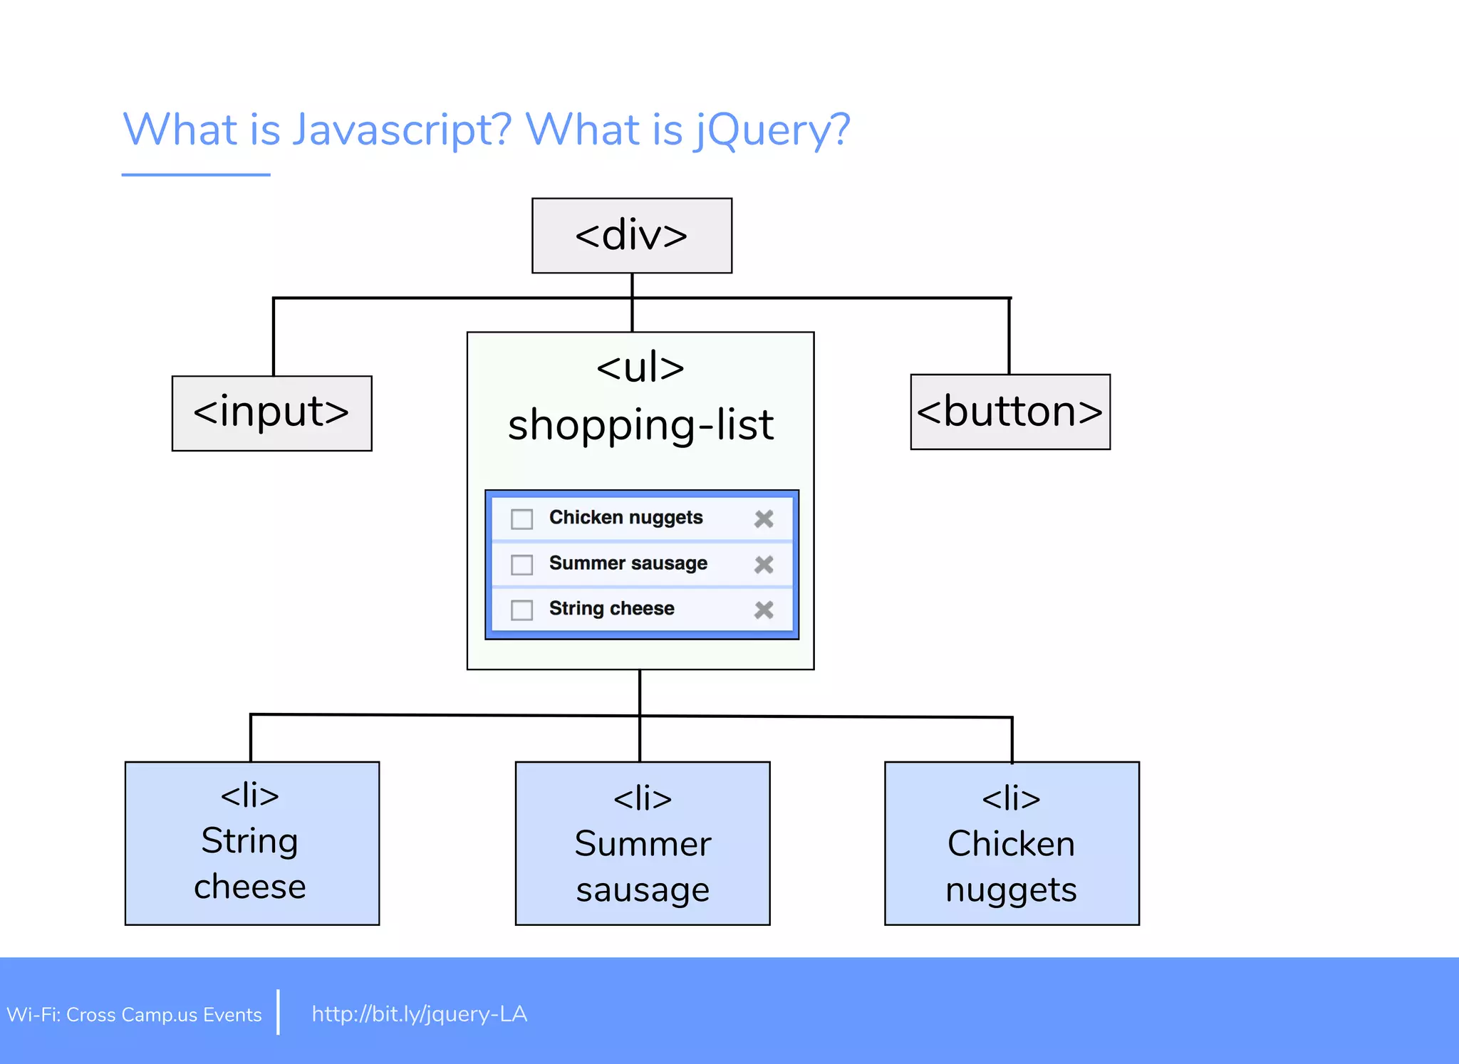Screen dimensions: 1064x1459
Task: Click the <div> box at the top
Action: tap(632, 236)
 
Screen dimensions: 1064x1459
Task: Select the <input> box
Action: tap(271, 413)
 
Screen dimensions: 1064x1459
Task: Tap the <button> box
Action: tap(1010, 412)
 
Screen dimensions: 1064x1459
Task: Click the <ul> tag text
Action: tap(640, 368)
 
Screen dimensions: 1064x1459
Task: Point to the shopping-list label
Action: tap(640, 425)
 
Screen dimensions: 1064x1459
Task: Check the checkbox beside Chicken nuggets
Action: tap(521, 519)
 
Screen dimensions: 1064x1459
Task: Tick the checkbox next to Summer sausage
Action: tap(521, 565)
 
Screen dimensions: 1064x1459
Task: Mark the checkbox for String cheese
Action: tap(521, 610)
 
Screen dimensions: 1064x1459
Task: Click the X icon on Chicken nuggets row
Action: tap(764, 519)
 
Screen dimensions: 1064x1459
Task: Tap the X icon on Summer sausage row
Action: tap(764, 565)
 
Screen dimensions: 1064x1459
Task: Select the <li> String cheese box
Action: tap(252, 843)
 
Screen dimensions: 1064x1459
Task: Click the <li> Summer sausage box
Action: tap(643, 843)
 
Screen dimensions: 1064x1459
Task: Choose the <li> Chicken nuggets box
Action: tap(1012, 843)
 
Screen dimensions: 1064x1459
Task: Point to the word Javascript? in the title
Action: tap(402, 130)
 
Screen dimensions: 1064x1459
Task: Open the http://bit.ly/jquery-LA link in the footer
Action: tap(419, 1013)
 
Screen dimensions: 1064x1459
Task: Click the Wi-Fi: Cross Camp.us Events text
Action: tap(134, 1014)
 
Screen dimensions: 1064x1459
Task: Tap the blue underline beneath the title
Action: tap(196, 174)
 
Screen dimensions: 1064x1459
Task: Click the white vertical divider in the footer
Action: tap(278, 1011)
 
